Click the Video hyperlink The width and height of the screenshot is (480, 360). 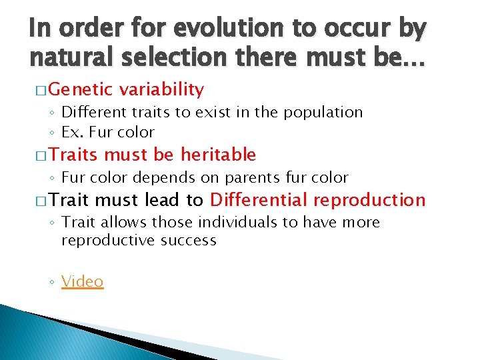click(x=83, y=281)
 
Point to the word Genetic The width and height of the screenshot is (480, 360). click(x=75, y=89)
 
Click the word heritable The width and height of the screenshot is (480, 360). click(x=217, y=155)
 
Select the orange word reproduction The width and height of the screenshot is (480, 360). click(x=369, y=200)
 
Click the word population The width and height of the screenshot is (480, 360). click(x=324, y=113)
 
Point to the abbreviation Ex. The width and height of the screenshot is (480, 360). click(x=69, y=132)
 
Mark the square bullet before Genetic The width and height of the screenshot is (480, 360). click(x=40, y=90)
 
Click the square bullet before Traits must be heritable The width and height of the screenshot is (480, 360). click(x=40, y=155)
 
